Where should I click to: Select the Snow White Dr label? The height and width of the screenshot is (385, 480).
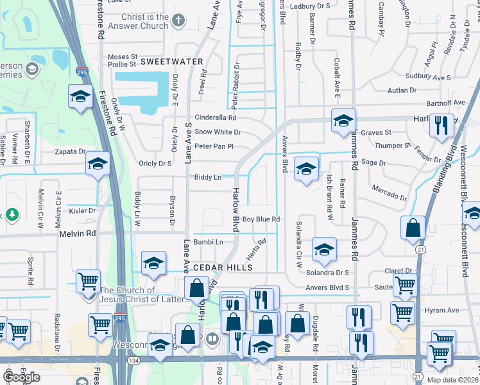[218, 132]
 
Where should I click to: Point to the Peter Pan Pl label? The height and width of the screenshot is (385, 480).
[213, 146]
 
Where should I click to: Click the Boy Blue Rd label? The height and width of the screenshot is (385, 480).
[261, 219]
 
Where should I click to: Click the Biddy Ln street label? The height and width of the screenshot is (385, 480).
[208, 177]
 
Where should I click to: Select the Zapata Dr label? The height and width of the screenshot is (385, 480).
[70, 152]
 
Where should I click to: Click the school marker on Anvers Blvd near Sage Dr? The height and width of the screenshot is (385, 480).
[307, 169]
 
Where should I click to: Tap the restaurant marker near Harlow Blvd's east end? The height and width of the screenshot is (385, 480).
[440, 124]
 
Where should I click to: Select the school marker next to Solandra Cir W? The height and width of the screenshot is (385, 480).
[324, 250]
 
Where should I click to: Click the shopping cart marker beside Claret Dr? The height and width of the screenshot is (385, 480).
[406, 285]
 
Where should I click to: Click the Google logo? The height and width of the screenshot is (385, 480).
[21, 377]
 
